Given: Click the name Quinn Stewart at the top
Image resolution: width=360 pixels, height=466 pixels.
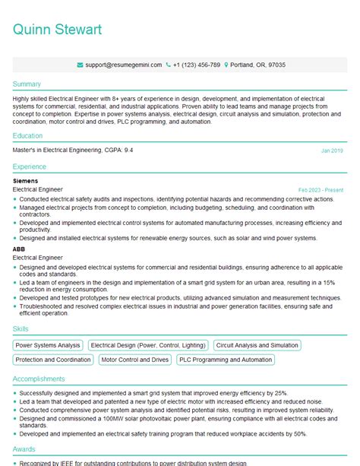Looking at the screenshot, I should pos(57,30).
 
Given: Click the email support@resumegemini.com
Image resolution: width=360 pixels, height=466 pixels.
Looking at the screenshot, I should pos(122,65).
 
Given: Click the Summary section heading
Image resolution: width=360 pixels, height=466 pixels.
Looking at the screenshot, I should pos(27,83).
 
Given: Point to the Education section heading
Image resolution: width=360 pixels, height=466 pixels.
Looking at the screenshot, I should pos(28,136).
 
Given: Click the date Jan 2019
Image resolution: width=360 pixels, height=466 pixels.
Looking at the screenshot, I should pos(332,151).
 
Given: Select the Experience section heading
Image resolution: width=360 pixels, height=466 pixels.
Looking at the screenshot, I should pos(30,166).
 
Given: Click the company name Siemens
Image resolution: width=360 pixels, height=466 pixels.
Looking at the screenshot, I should pos(26,181).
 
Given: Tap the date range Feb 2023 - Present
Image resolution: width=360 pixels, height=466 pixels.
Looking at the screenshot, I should pos(321,189).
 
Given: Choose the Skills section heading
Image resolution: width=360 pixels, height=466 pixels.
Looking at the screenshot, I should pos(21,328).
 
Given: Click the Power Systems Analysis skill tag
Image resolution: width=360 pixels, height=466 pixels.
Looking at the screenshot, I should pos(48,345).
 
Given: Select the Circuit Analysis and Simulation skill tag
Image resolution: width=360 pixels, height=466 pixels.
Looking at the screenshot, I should pos(257,345).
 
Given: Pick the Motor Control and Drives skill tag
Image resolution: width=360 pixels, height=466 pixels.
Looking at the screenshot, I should pos(135,360).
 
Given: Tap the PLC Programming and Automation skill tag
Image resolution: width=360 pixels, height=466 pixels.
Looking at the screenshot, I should pos(225,360).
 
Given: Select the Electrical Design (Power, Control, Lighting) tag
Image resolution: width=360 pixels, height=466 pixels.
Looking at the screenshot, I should pos(148,345).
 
